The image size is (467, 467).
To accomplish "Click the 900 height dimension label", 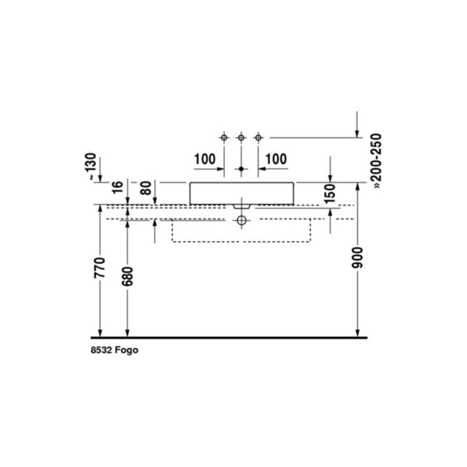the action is point(357,257).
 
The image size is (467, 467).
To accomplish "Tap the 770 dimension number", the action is point(100,268).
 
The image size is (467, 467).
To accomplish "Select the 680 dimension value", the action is point(127,276).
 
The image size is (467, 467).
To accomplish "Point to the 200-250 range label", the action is point(377,161).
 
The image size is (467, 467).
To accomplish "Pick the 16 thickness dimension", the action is point(117,187).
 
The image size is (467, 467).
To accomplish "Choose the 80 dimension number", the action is point(146,188).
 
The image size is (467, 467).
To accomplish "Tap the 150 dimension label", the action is point(330,194).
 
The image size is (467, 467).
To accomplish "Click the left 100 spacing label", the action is point(205,159).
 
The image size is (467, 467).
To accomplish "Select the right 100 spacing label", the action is point(276,159).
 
